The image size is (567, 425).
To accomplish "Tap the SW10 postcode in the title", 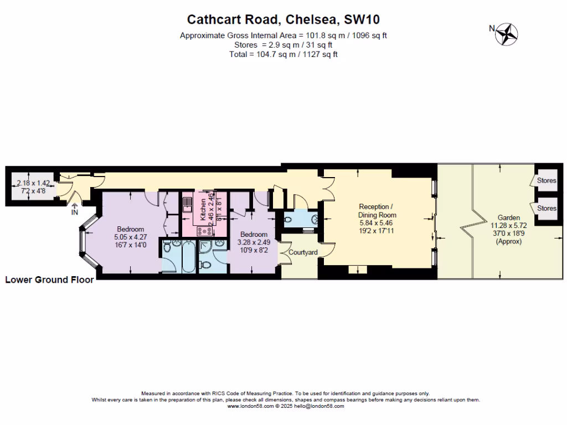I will tap(362, 20).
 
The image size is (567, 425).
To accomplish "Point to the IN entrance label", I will tap(75, 211).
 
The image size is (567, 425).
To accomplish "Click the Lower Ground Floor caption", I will tap(49, 280).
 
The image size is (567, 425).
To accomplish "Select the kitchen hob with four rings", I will tap(188, 227).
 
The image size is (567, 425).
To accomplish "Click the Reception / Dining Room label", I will tap(377, 210).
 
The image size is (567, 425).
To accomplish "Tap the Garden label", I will tap(508, 218).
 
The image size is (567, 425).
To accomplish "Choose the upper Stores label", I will tap(547, 180).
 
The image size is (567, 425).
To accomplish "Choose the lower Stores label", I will tap(547, 208).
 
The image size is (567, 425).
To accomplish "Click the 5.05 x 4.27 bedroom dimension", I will tap(131, 237).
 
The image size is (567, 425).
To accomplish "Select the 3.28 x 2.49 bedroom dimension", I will tap(252, 241).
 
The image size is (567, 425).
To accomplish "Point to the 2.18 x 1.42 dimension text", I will tap(33, 183).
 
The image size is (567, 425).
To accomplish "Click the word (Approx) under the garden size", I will tap(508, 241).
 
